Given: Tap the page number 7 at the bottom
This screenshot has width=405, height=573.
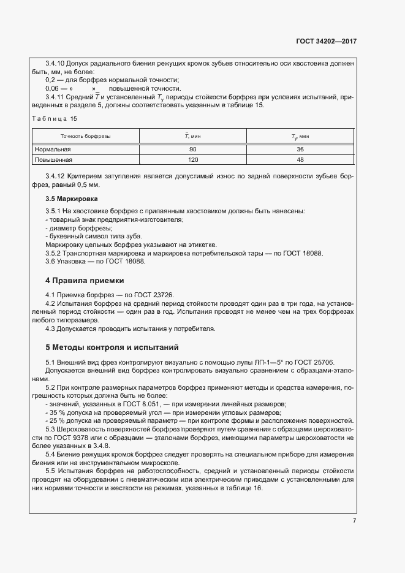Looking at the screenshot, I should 354,520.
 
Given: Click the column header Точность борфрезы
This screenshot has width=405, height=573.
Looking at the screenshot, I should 85,135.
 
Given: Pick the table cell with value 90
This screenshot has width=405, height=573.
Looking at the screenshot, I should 193,150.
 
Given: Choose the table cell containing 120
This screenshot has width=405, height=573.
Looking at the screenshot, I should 193,160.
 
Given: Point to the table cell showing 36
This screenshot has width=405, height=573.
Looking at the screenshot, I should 300,150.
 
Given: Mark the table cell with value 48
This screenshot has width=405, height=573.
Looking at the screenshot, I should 300,160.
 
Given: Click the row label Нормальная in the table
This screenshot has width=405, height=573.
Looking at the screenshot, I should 53,150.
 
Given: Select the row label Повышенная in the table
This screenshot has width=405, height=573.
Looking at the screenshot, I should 54,160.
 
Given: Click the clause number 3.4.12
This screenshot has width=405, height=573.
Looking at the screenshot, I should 57,175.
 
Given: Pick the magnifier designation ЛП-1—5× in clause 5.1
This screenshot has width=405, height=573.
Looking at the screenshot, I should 268,362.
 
